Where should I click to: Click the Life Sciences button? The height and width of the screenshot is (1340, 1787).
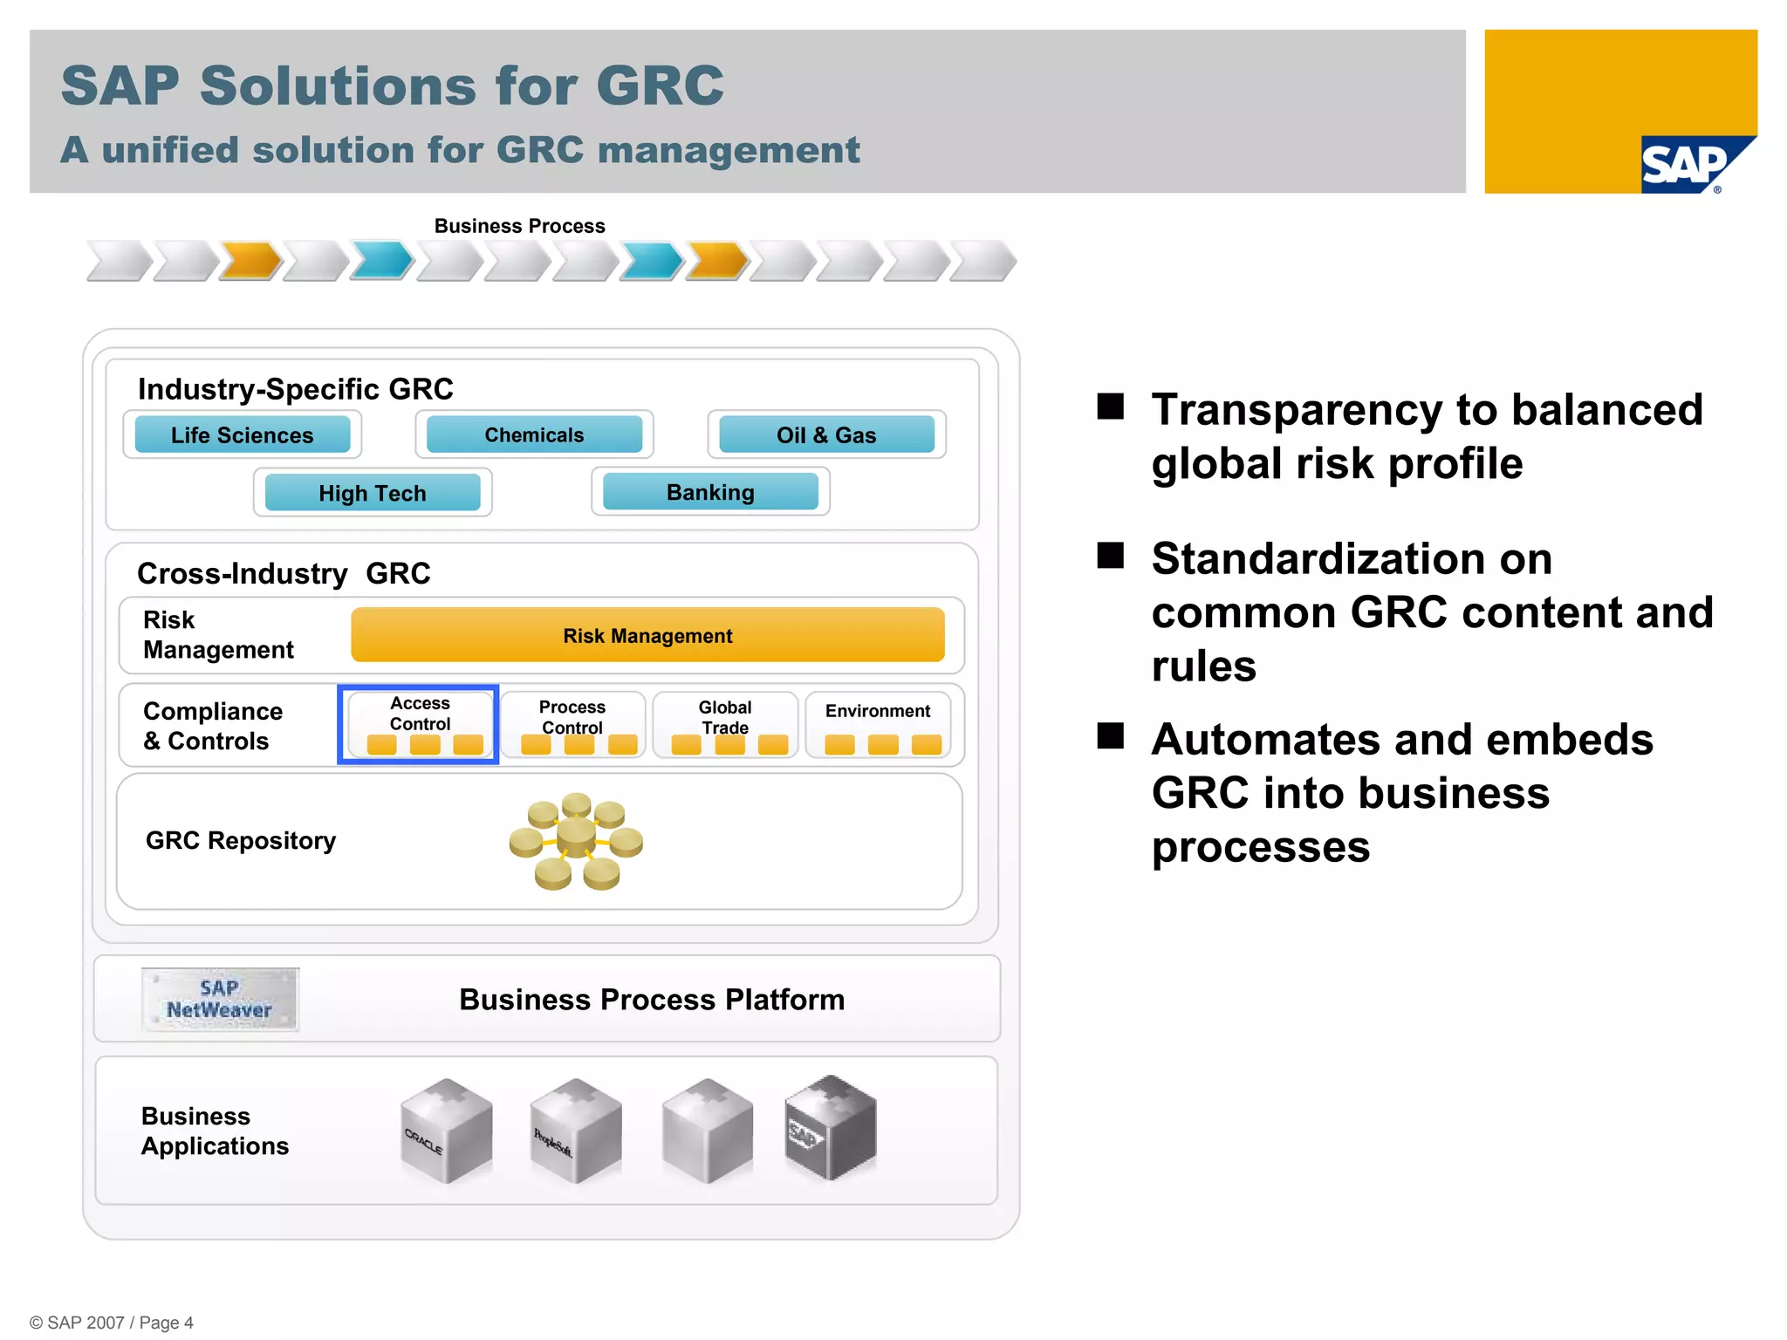coord(242,434)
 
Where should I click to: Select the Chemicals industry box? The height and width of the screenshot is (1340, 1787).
coord(534,434)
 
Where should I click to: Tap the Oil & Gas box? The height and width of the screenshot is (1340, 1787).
coord(825,434)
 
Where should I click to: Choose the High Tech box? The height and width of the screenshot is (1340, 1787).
coord(373,493)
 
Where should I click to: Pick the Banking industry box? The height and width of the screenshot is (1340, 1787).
coord(710,492)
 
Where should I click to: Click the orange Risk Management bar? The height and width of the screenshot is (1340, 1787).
coord(647,635)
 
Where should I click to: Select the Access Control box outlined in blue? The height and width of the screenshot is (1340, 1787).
coord(419,724)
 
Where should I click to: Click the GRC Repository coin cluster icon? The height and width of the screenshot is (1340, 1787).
coord(576,841)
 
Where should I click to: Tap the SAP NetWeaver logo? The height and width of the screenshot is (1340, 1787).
coord(220,1000)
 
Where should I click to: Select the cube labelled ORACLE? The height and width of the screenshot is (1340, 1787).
coord(446,1131)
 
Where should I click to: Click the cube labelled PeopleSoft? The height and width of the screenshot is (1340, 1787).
coord(576,1131)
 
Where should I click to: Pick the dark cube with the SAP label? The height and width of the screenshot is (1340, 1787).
coord(830,1127)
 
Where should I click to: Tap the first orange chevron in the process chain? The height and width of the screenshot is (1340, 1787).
coord(250,261)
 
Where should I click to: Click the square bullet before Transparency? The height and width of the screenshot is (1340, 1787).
coord(1110,407)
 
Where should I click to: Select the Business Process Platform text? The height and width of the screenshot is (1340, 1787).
coord(652,1000)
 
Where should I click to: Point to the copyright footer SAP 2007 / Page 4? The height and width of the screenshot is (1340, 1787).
coord(112,1323)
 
